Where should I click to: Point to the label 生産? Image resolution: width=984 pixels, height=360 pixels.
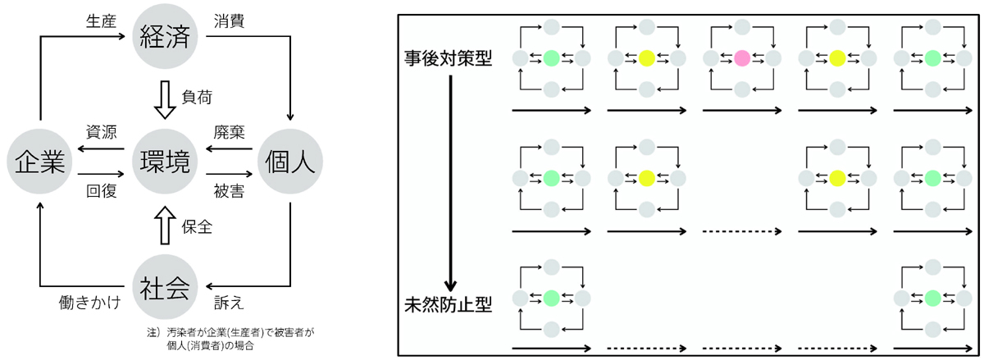99,19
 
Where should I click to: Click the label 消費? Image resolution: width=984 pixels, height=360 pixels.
226,19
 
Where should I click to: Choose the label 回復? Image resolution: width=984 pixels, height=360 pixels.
99,190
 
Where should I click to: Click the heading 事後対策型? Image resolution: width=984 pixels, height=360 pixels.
448,59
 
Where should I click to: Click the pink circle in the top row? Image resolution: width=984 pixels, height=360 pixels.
741,58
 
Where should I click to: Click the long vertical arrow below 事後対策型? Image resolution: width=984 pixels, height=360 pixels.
449,180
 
